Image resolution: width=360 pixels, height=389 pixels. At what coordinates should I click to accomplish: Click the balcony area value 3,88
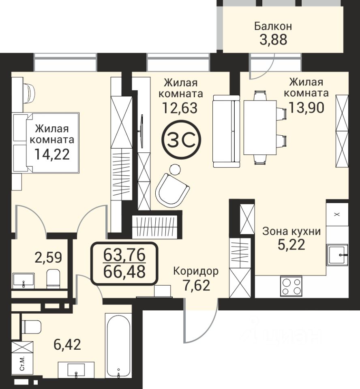273,40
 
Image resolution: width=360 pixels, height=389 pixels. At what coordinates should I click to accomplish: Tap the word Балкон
273,26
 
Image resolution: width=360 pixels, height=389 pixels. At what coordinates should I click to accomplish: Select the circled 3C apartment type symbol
181,140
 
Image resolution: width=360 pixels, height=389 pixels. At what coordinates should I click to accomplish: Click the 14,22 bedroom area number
52,154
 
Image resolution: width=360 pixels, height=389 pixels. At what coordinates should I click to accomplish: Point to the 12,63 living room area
180,108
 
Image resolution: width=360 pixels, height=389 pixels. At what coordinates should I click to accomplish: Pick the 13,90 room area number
306,108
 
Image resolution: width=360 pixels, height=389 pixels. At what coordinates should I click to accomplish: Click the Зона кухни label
292,231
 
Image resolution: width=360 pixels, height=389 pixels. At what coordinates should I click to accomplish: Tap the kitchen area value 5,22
291,245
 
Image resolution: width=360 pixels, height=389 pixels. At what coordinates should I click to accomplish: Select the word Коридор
196,271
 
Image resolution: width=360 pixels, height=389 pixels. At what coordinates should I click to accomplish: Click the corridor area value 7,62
196,285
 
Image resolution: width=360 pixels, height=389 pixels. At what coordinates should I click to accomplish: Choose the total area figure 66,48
124,272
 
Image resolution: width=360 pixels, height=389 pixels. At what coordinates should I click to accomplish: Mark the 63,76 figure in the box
124,255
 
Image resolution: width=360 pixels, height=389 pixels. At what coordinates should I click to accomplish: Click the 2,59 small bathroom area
48,258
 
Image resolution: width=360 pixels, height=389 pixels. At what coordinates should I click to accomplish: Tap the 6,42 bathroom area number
67,344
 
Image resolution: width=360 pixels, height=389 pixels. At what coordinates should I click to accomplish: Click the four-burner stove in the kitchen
291,286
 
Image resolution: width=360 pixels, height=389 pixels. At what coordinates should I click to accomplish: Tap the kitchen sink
337,255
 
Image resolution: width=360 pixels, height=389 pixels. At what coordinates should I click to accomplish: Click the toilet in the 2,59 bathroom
54,278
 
